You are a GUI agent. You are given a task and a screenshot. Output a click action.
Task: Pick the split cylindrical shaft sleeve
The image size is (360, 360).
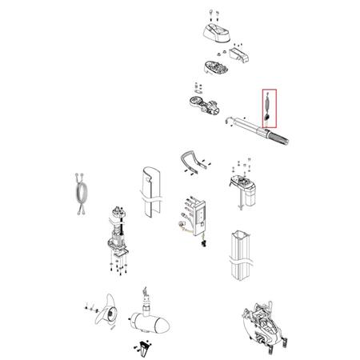pos(150,192)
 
